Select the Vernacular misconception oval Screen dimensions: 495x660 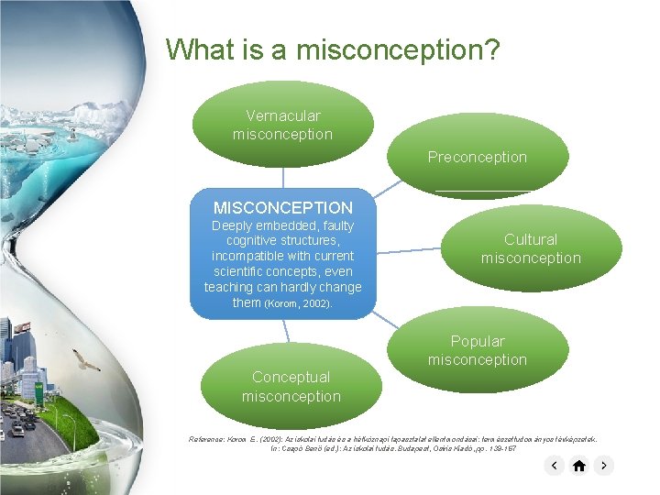coord(282,125)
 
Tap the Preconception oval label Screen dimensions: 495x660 coord(477,157)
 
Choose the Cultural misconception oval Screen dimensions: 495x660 coord(531,248)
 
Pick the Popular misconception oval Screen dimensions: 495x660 coord(477,350)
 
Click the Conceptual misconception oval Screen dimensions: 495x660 coord(291,386)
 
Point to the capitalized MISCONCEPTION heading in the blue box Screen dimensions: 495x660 coord(282,207)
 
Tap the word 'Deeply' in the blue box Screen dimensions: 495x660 coord(232,225)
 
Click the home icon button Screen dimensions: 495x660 coord(578,466)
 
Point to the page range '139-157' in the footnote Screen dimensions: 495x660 coord(500,448)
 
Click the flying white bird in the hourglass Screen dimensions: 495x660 coord(87,361)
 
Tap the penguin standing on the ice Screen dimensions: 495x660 coord(71,135)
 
